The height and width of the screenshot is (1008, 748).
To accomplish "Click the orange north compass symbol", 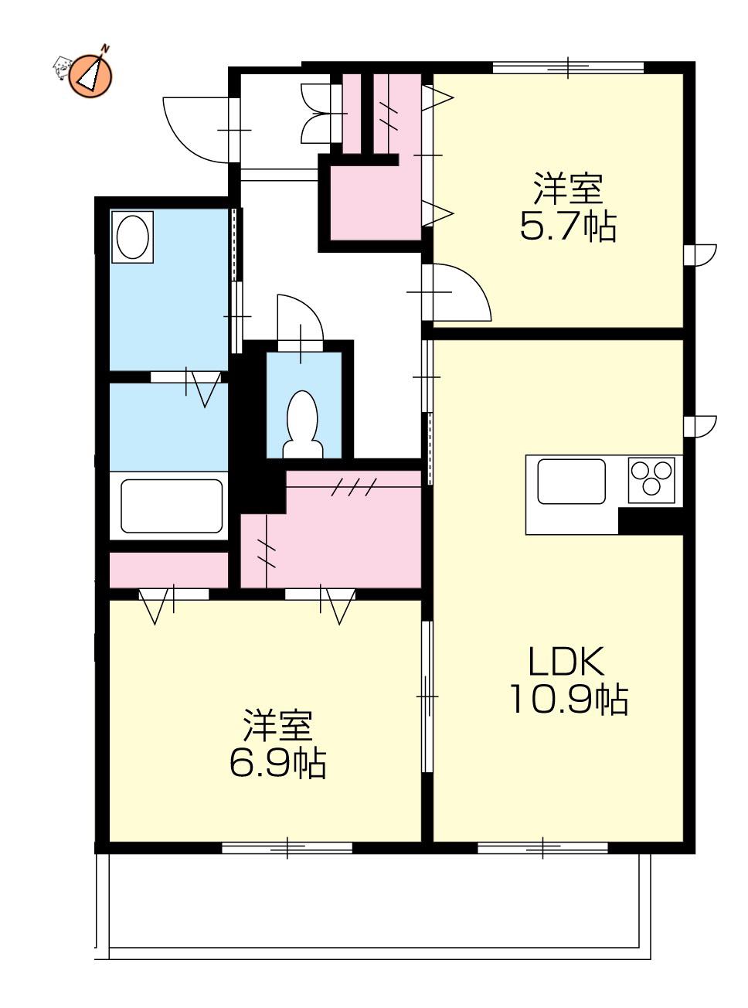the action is pyautogui.click(x=90, y=75).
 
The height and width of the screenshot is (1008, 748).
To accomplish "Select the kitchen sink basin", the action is pyautogui.click(x=571, y=482).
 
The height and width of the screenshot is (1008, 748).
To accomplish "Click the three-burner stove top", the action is pyautogui.click(x=651, y=480).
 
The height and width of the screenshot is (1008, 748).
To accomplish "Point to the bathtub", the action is pyautogui.click(x=172, y=506).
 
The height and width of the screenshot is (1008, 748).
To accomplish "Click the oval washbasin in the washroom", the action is pyautogui.click(x=133, y=237).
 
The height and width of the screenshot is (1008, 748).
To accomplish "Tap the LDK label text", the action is pyautogui.click(x=566, y=661).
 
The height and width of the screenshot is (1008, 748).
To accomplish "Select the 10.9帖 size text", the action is pyautogui.click(x=569, y=699).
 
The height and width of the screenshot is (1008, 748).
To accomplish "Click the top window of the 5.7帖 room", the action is pyautogui.click(x=568, y=67).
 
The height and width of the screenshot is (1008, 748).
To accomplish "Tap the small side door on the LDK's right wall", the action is pyautogui.click(x=700, y=426).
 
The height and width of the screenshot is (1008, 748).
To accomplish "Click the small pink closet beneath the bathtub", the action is pyautogui.click(x=168, y=570).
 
